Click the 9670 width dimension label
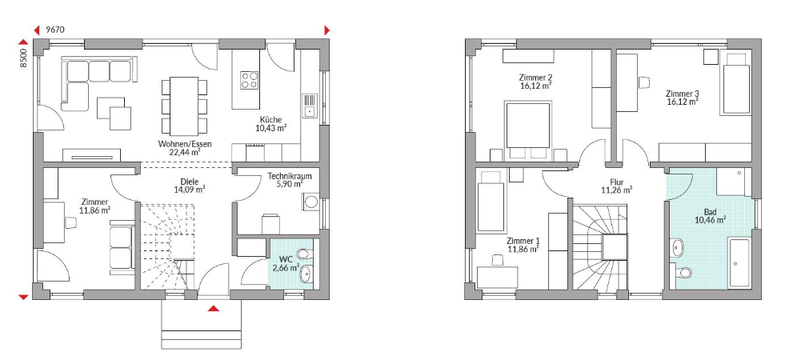click(x=55, y=30)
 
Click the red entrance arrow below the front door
click(x=214, y=308)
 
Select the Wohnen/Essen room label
click(x=185, y=144)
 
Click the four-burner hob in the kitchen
click(x=250, y=80)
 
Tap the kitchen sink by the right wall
click(x=308, y=106)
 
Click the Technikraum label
click(x=290, y=177)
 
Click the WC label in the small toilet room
click(x=286, y=259)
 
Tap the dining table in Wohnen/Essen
click(x=184, y=105)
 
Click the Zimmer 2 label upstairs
click(x=536, y=78)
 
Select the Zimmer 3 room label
click(x=683, y=94)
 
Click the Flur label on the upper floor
click(x=616, y=182)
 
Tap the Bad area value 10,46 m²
click(x=710, y=220)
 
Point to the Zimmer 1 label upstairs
click(x=524, y=240)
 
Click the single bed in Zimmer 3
click(x=736, y=83)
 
